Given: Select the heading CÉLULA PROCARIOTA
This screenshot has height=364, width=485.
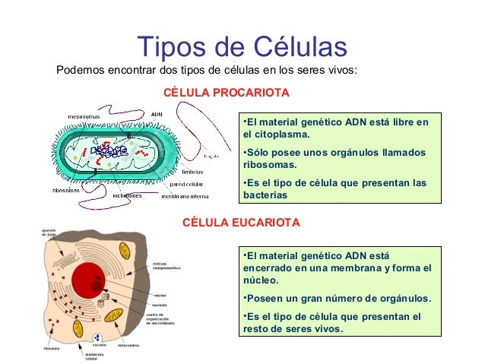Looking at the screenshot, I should pos(227,93).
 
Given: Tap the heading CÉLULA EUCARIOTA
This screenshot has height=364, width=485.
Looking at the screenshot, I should pos(242,223).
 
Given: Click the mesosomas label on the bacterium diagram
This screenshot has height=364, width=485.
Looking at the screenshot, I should pos(83,116).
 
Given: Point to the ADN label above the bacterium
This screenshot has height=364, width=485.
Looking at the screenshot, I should pos(157,115).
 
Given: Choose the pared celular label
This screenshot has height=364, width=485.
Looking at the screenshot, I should pos(186,184).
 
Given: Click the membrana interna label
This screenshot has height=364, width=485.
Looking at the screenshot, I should pos(185,196).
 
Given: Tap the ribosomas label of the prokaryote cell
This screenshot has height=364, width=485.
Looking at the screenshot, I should pos(66,190).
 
